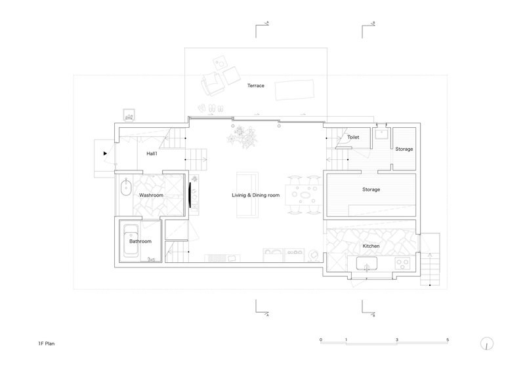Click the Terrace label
pos(256,86)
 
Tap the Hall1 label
pos(152,153)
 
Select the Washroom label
pos(151,195)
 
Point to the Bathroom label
pos(140,241)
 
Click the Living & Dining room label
pos(256,195)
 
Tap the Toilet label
pos(353,137)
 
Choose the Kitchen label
pos(371,246)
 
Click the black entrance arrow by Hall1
pos(105,153)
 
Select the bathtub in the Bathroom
pos(131,241)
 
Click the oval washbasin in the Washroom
pos(126,187)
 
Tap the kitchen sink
pos(367,263)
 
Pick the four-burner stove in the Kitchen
pos(402,263)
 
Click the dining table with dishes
pos(304,195)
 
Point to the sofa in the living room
pos(247,195)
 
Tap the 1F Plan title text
pos(46,343)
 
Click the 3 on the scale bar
pos(397,340)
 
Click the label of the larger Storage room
pos(371,189)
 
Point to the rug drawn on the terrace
pos(295,90)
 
